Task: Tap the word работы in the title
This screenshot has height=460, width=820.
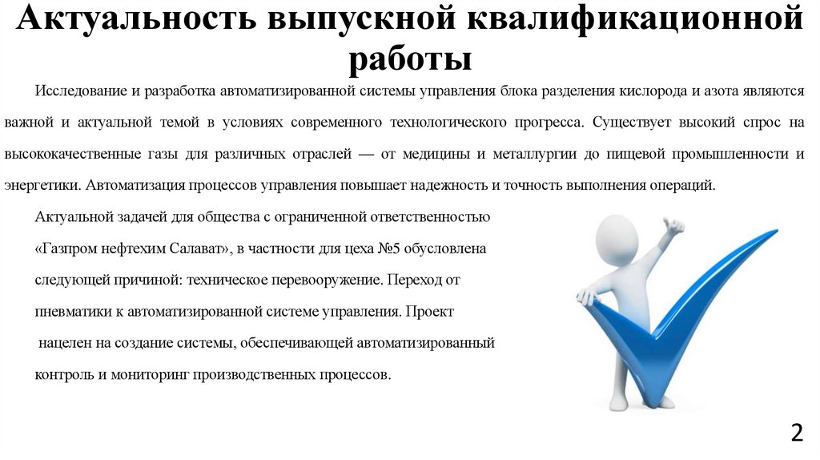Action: pos(410,59)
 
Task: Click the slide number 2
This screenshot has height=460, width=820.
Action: pos(796,434)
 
